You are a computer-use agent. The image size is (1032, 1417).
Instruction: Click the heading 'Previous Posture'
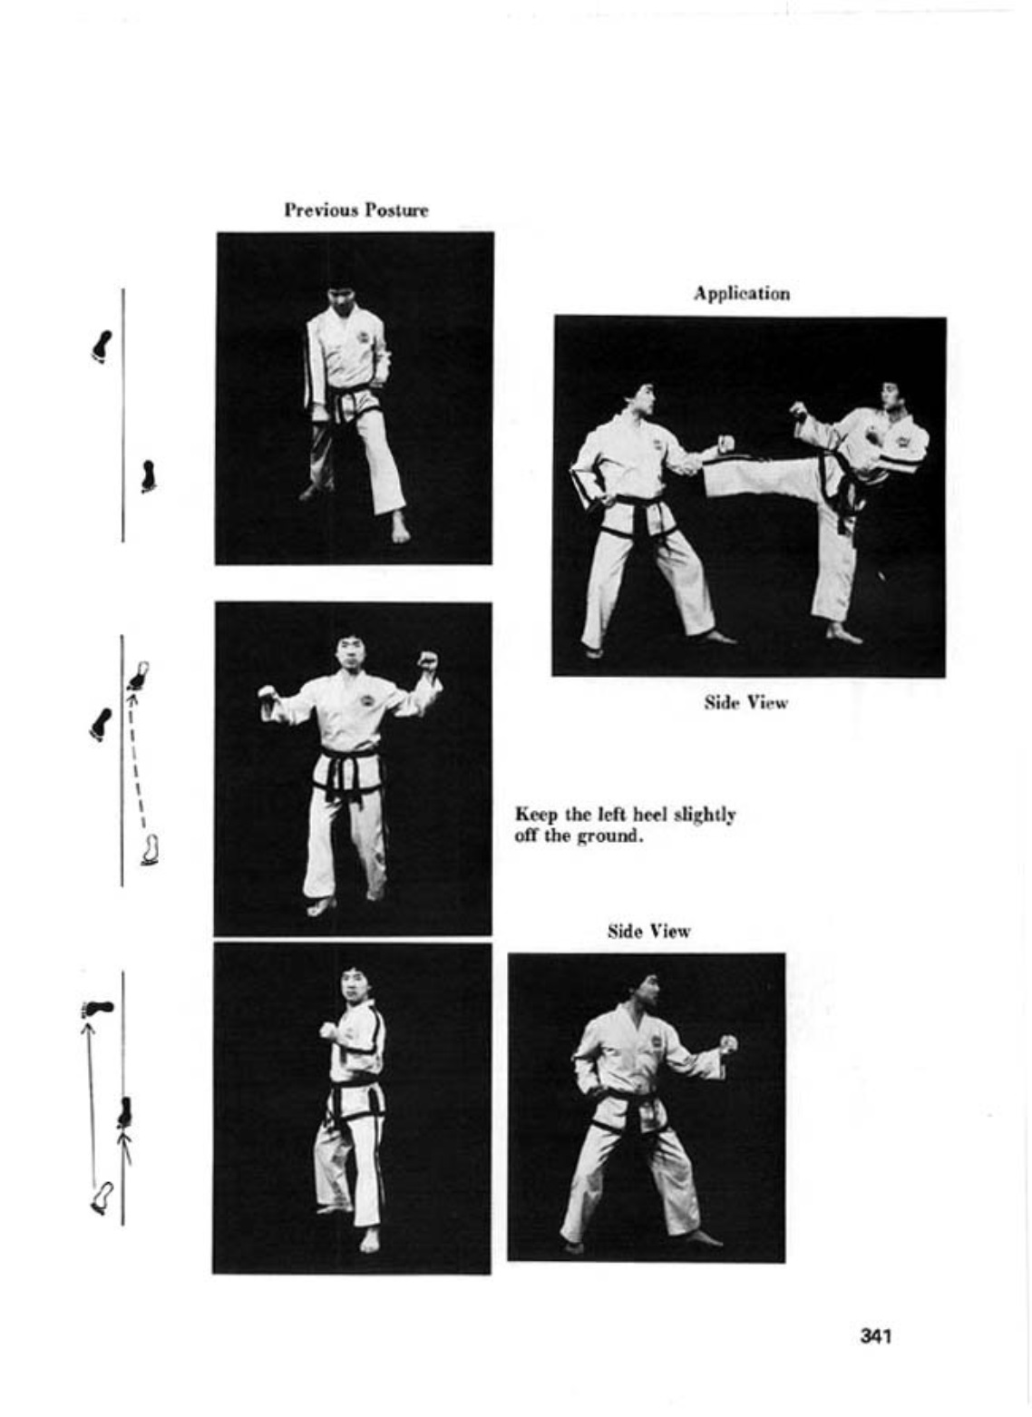(x=356, y=210)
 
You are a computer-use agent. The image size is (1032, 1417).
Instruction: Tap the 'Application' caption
(x=742, y=294)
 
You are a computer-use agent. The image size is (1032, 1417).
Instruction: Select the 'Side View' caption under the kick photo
(x=746, y=702)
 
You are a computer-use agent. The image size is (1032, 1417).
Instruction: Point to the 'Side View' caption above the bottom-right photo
(x=648, y=931)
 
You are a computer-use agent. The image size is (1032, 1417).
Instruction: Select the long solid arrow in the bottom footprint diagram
(x=91, y=1102)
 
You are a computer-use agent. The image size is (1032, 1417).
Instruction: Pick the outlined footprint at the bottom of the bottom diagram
(x=102, y=1197)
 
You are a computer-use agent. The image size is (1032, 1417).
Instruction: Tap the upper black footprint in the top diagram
(x=102, y=347)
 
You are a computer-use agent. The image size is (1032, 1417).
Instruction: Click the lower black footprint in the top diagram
(x=148, y=476)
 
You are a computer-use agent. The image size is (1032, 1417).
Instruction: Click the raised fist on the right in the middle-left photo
(x=428, y=662)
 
